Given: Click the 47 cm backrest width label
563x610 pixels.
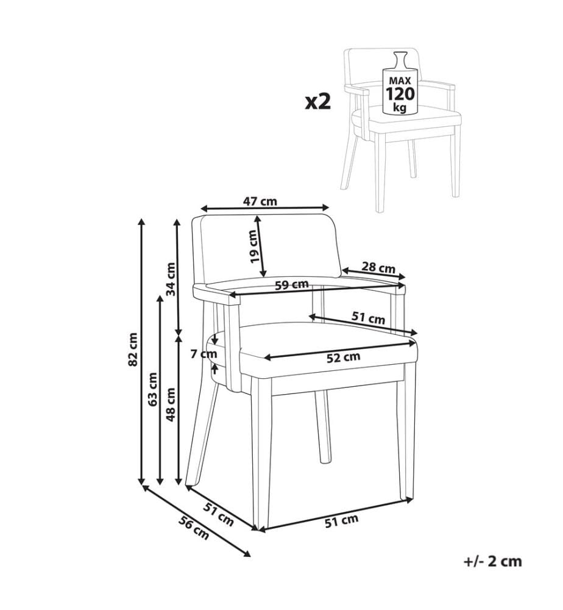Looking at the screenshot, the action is (x=260, y=201).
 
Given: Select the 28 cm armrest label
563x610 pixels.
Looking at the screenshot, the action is (x=378, y=268).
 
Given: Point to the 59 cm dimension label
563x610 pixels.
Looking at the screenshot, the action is (x=292, y=285).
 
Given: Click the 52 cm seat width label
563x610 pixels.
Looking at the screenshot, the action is (x=343, y=357).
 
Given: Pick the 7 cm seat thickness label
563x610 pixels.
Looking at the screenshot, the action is (x=204, y=354).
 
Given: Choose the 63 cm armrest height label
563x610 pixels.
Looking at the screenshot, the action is (x=152, y=389).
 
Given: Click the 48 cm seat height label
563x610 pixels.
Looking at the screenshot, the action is (x=171, y=404).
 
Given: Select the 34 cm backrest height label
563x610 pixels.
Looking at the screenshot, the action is (x=171, y=279).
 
